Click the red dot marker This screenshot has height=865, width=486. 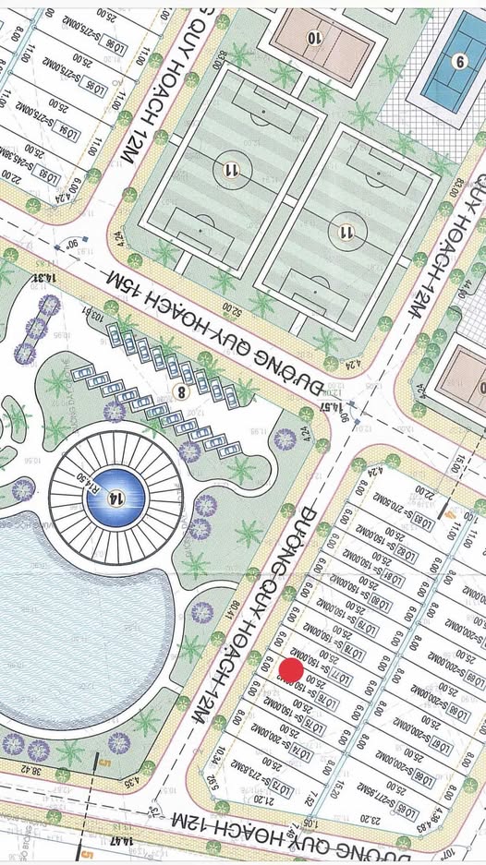[291, 671]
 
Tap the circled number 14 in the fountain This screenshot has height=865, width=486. [115, 499]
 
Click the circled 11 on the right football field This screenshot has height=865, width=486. [346, 231]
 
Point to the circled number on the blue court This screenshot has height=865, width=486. [459, 63]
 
